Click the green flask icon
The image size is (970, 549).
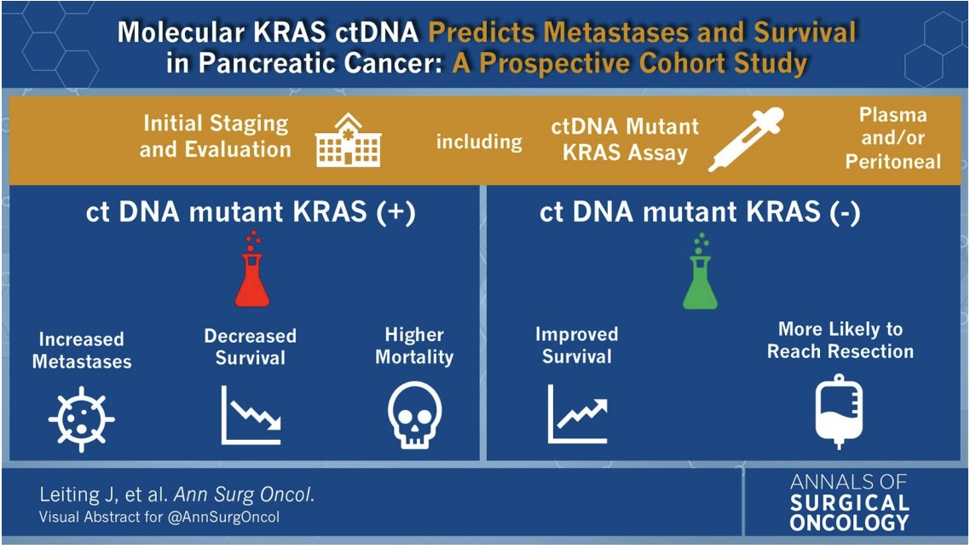[700, 277]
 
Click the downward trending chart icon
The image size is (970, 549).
[251, 415]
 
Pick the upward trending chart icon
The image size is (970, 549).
[577, 414]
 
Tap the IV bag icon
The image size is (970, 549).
[839, 411]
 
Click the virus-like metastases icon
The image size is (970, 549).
[82, 418]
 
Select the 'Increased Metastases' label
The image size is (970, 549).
[82, 350]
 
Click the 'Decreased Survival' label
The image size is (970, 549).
[250, 346]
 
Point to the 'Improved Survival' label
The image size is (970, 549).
[576, 344]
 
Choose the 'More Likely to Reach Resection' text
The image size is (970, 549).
[840, 340]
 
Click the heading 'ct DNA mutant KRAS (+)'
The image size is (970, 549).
[251, 212]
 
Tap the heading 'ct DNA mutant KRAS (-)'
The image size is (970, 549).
[700, 212]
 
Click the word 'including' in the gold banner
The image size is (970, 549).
[479, 142]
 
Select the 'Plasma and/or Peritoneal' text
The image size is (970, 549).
[892, 138]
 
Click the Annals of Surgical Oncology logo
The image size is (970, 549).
[849, 502]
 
